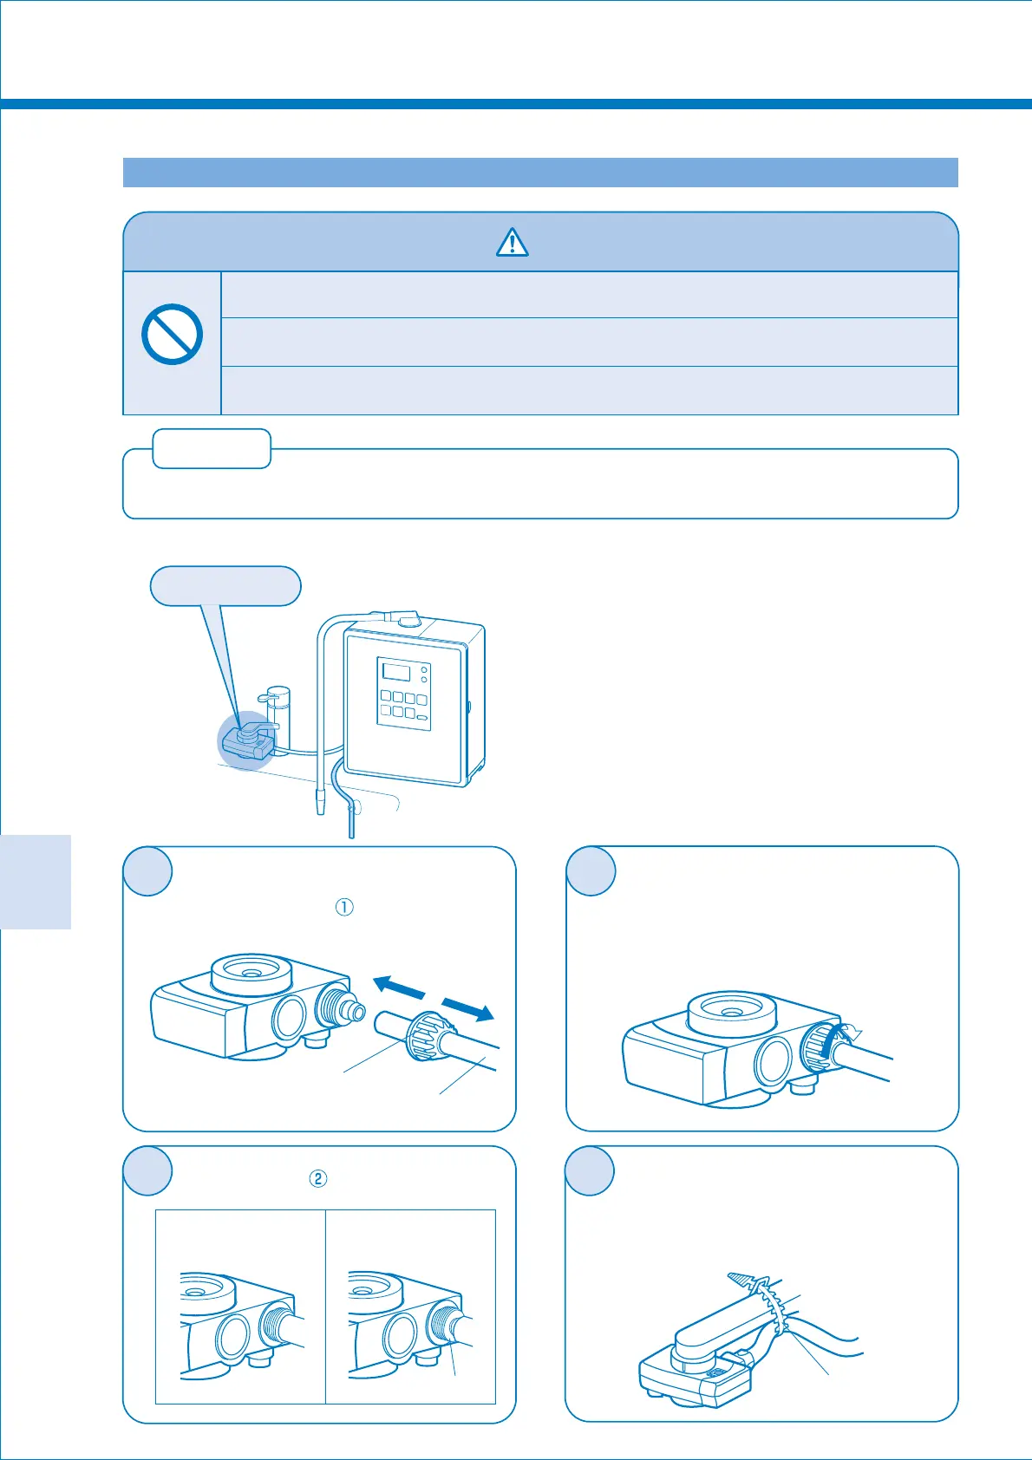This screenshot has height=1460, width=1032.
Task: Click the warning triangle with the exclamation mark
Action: click(513, 242)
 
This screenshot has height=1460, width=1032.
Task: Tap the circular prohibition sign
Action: click(172, 334)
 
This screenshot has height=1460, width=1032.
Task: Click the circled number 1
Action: click(344, 907)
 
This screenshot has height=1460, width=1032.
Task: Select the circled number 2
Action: click(318, 1178)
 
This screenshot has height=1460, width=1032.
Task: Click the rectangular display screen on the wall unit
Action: click(395, 671)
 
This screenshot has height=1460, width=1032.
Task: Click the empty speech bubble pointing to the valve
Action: click(225, 585)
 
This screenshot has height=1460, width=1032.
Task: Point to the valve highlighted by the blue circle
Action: click(248, 740)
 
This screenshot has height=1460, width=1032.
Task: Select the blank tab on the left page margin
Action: click(36, 881)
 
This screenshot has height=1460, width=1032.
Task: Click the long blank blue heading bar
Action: click(540, 173)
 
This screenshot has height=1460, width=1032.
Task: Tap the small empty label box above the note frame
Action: click(212, 448)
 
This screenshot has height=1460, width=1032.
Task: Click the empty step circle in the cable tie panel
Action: click(590, 1170)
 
